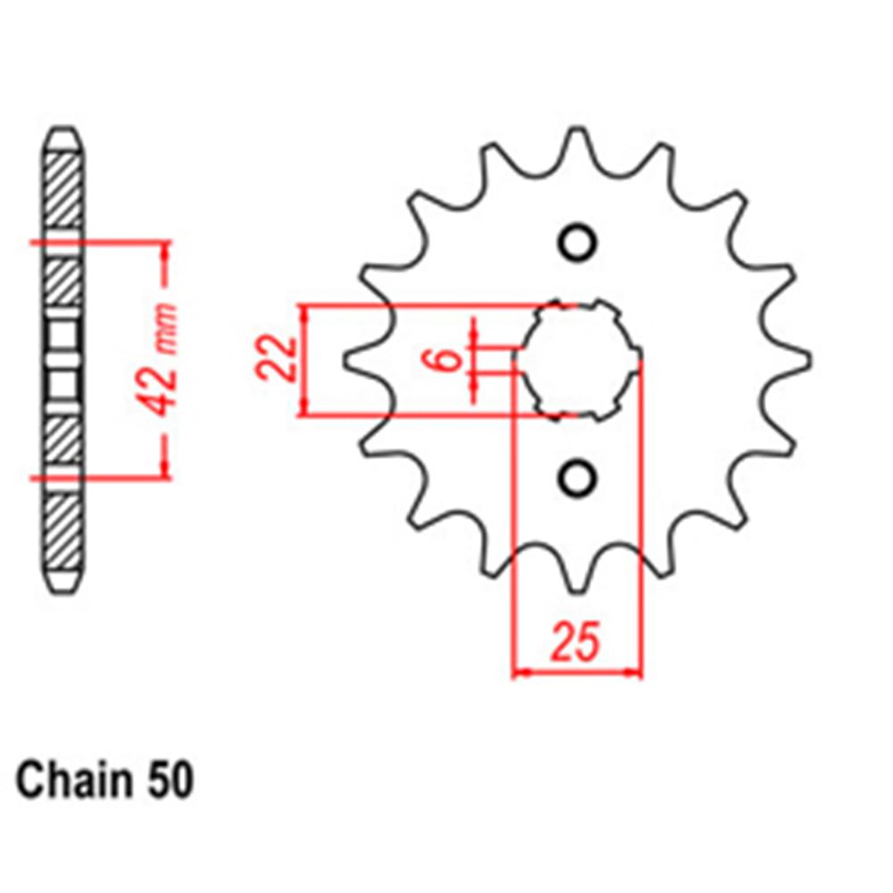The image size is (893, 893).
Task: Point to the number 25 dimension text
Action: click(576, 642)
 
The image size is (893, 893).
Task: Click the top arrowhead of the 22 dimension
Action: click(304, 313)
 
